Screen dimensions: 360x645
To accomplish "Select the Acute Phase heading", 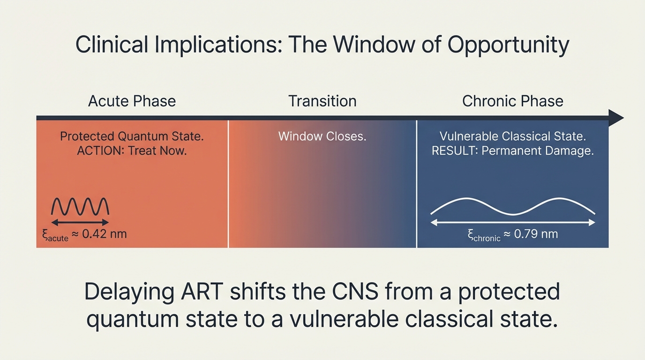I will [x=132, y=101].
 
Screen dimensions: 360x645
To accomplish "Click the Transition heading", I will [x=322, y=101].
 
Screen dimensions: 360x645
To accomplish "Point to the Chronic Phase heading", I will [x=512, y=101].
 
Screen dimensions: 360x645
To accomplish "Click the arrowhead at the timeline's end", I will [x=616, y=118].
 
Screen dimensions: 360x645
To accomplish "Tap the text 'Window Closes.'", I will [x=322, y=136].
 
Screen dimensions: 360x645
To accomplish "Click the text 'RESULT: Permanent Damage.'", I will [x=512, y=151].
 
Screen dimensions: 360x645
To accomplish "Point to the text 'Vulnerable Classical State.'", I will [x=512, y=136].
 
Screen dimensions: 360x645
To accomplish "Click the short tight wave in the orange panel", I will [x=80, y=206].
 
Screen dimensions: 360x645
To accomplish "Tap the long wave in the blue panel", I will [x=512, y=206].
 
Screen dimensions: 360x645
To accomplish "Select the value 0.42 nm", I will [x=104, y=233].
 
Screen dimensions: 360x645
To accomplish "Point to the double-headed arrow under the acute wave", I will [x=80, y=223].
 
